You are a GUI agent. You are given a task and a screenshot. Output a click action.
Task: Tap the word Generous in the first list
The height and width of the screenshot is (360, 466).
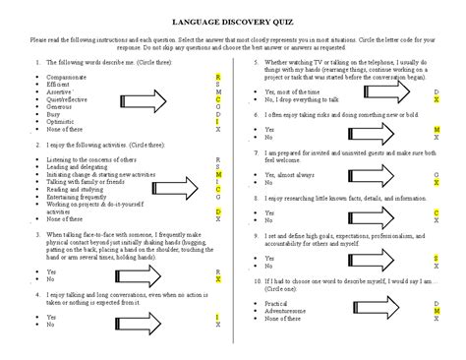(60, 105)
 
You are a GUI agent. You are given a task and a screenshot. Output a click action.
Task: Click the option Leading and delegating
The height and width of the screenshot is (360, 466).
(80, 167)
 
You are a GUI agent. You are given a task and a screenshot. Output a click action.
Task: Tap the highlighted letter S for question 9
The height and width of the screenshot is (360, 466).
(437, 257)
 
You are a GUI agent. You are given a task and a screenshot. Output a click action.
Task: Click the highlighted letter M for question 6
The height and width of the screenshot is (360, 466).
(437, 129)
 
